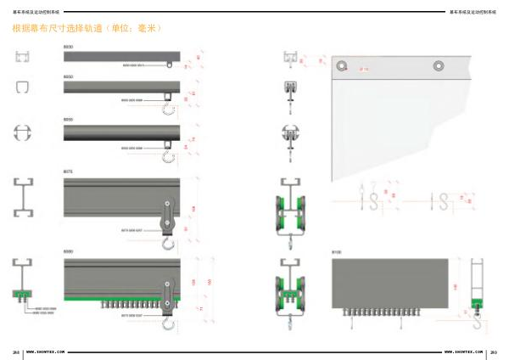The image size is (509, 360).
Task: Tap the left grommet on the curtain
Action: coord(342,65)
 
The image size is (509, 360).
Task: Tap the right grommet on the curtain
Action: coord(439,65)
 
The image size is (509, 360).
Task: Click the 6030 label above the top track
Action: coord(68,47)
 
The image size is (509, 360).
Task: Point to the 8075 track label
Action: coord(68,172)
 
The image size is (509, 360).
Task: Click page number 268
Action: coord(15,350)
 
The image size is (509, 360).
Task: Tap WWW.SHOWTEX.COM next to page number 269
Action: coord(464,350)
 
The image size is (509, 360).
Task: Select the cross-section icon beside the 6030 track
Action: coord(23,57)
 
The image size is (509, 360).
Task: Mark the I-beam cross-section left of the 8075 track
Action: coord(24,197)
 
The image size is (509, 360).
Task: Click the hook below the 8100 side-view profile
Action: coord(477,321)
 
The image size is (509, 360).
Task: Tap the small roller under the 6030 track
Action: coord(170,65)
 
